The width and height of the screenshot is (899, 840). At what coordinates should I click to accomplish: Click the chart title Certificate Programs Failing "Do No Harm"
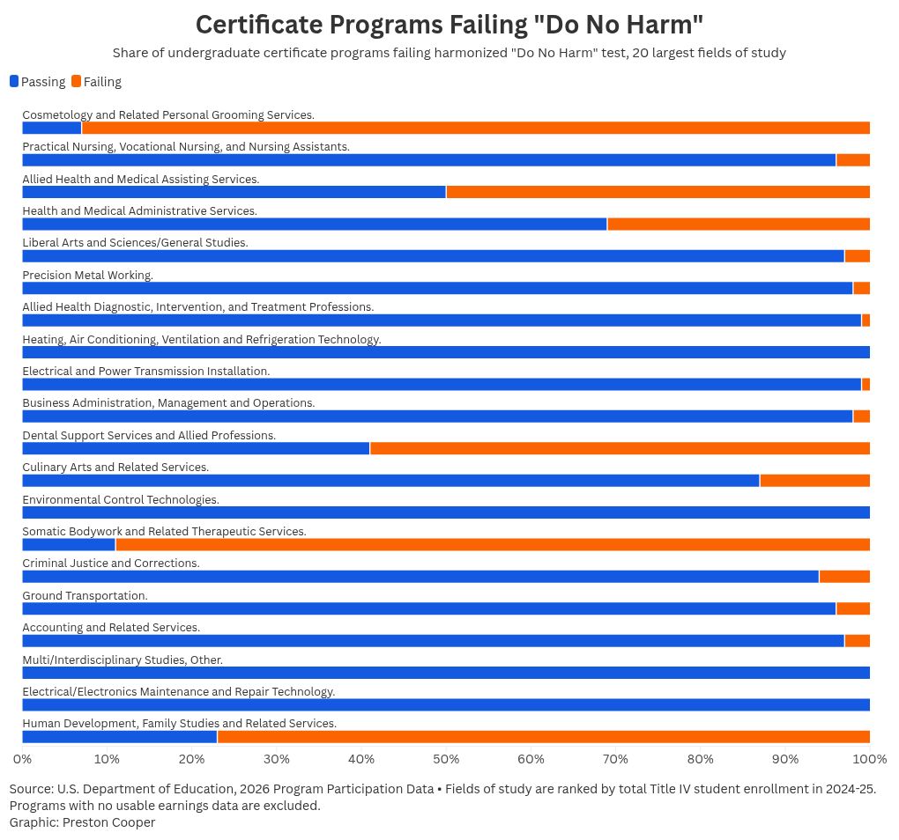click(x=449, y=24)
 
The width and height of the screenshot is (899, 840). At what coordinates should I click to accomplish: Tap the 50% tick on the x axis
click(x=446, y=758)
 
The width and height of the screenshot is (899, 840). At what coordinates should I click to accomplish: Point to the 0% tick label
click(x=22, y=758)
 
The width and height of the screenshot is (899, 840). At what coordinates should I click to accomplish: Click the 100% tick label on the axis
click(x=870, y=758)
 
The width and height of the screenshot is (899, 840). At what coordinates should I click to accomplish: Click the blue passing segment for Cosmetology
click(x=51, y=128)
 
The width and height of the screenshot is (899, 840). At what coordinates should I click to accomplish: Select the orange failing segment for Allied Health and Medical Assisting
click(x=658, y=192)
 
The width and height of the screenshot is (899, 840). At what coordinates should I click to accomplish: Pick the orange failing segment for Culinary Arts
click(x=814, y=481)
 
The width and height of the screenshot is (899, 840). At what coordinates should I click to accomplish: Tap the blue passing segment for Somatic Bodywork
click(x=68, y=544)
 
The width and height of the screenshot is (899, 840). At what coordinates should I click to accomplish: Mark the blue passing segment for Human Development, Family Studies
click(x=119, y=737)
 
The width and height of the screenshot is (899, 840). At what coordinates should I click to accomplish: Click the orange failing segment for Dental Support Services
click(x=620, y=448)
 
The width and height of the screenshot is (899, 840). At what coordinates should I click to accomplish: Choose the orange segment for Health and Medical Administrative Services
click(x=739, y=224)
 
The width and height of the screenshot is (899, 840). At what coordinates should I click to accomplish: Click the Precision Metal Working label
click(x=87, y=276)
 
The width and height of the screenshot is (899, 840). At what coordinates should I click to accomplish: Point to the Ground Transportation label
click(x=85, y=596)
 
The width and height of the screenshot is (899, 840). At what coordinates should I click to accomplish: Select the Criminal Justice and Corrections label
click(x=111, y=564)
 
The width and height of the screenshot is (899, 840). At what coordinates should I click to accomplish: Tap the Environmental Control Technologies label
click(x=121, y=500)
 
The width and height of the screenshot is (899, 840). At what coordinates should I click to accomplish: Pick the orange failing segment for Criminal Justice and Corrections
click(x=844, y=577)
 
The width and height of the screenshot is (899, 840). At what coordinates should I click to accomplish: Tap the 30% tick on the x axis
click(x=277, y=758)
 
